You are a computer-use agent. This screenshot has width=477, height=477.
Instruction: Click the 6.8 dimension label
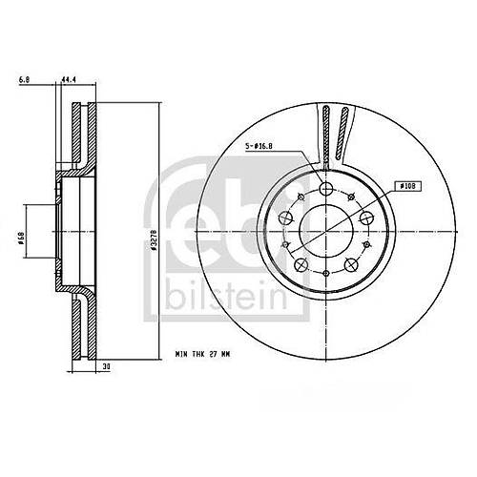(23, 81)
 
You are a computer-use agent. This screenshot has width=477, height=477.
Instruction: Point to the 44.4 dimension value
(68, 81)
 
